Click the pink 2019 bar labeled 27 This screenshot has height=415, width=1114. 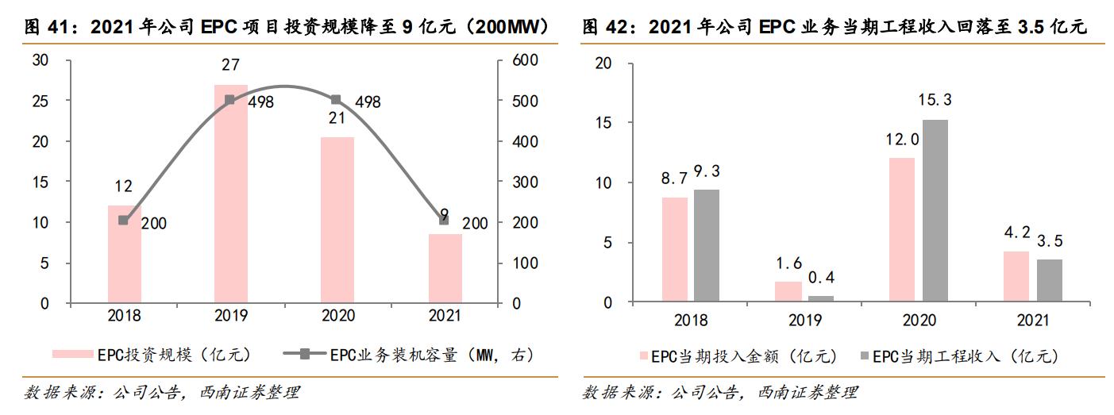pos(230,194)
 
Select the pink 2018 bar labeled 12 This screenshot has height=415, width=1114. pos(124,254)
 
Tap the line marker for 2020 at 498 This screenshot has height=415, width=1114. pos(335,100)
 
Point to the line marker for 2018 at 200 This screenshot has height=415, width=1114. pos(123,220)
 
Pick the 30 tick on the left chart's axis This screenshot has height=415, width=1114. pos(40,60)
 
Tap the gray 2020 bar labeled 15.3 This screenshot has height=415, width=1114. pos(934,210)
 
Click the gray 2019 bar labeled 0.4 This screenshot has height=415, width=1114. pos(821,298)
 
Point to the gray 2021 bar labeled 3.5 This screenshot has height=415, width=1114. pos(1048,280)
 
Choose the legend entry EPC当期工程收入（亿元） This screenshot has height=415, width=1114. pos(962,356)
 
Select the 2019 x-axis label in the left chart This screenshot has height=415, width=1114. pos(230,316)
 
